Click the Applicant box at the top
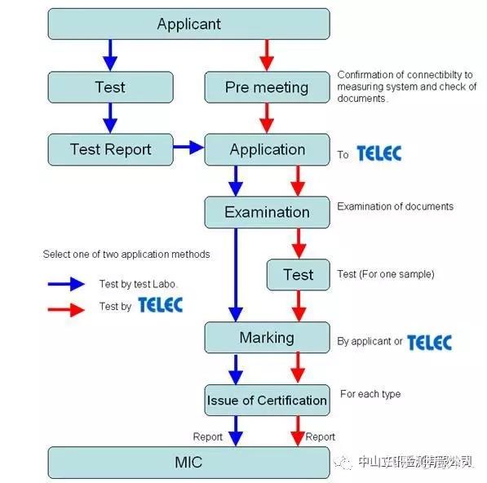(188, 24)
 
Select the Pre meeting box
(267, 87)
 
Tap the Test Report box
(110, 149)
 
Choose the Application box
(267, 149)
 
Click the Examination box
(267, 212)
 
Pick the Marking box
(267, 337)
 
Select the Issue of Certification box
(267, 400)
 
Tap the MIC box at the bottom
(188, 463)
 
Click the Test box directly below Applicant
(110, 87)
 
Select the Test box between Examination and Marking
(298, 275)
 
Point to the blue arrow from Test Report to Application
(188, 148)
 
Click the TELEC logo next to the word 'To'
(379, 153)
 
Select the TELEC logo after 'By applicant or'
(429, 343)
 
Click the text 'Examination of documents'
(395, 206)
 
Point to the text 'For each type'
(370, 394)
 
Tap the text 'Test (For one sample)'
(385, 274)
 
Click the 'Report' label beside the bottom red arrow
(320, 437)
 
